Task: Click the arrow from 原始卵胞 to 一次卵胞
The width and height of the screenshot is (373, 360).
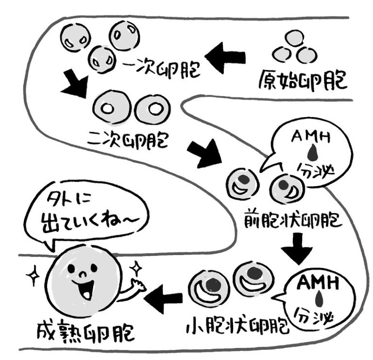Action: tap(225, 57)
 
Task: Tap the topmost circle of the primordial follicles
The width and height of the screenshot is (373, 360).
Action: tap(294, 38)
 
